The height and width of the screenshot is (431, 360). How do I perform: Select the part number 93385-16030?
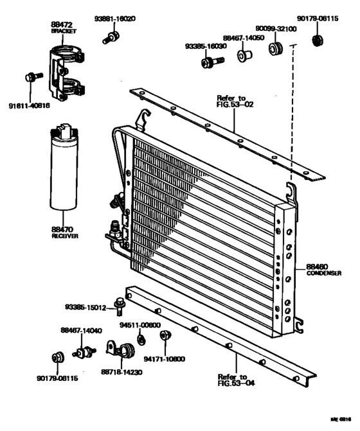(204, 46)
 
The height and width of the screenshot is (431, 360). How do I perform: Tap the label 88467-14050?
(245, 39)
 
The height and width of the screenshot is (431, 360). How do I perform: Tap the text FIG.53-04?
(233, 383)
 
